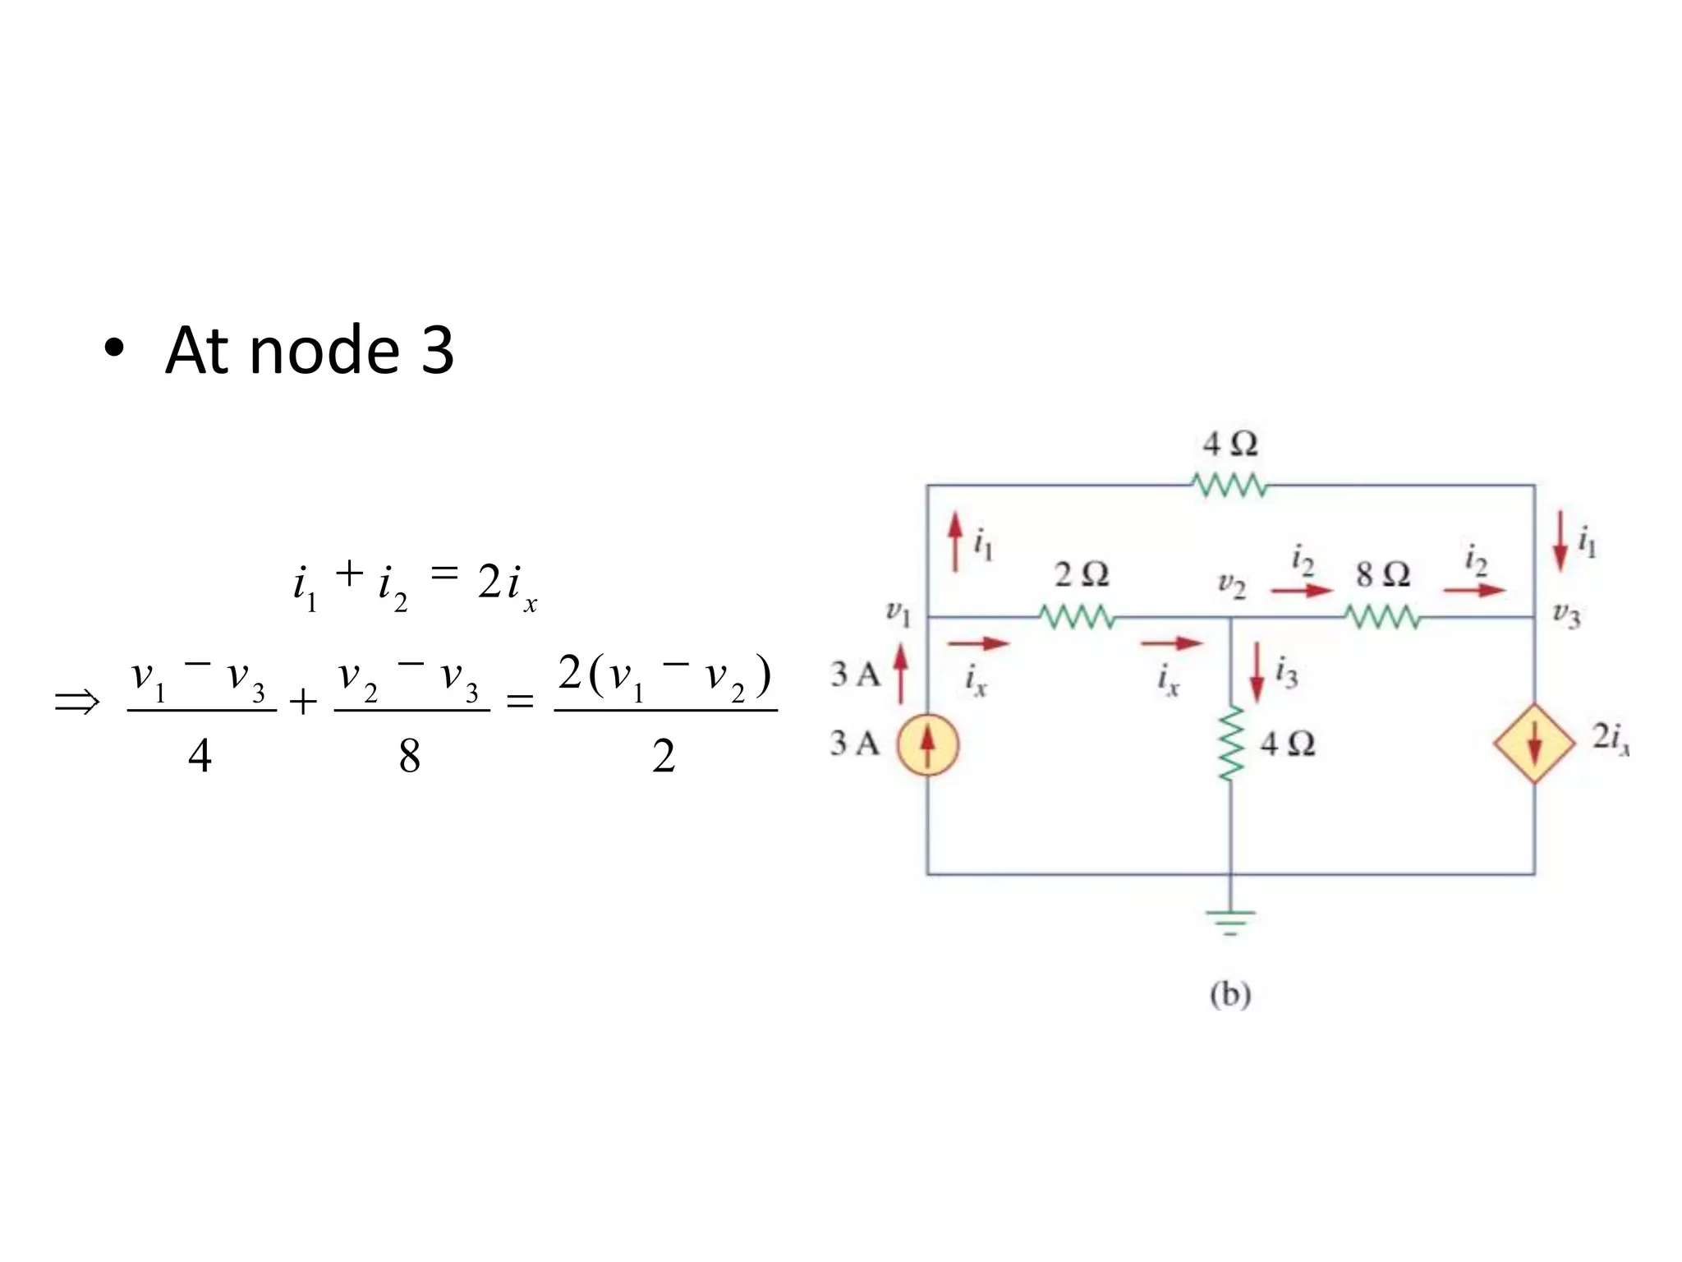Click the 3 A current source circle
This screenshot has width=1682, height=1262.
[x=927, y=744]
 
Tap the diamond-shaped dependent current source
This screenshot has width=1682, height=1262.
[x=1533, y=743]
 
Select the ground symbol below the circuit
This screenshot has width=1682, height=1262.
[x=1229, y=923]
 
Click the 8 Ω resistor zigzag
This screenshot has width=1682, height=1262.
[x=1382, y=617]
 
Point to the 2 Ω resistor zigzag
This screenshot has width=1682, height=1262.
[x=1077, y=617]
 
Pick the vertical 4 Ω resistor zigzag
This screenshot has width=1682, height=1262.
[x=1229, y=744]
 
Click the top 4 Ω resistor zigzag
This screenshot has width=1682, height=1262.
[x=1229, y=486]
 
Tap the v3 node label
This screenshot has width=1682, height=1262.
[x=1566, y=615]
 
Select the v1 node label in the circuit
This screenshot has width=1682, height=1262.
[x=898, y=612]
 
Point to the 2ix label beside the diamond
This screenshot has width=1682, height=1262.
[x=1610, y=739]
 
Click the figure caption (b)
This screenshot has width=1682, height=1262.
[x=1229, y=995]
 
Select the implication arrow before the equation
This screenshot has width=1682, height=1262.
[x=77, y=702]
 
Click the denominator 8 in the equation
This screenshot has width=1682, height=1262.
[x=409, y=756]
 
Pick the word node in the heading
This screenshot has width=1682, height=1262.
[x=324, y=351]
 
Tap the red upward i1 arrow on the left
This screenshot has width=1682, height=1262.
[x=954, y=541]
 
